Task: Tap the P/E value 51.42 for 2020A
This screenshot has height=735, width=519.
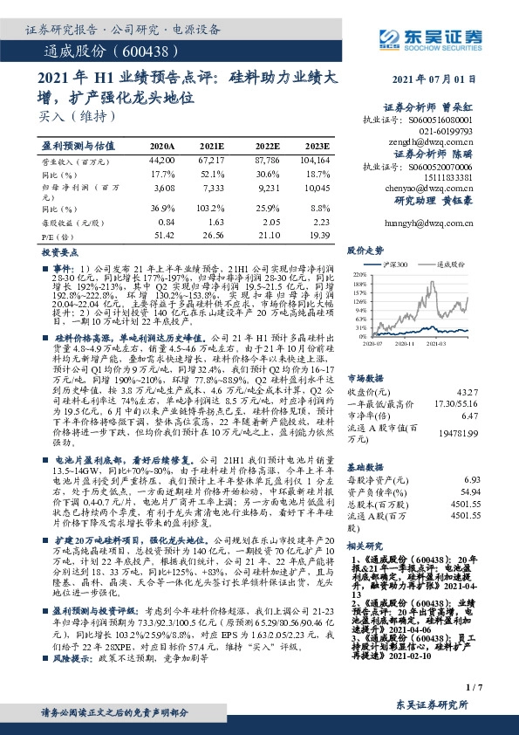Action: click(x=162, y=236)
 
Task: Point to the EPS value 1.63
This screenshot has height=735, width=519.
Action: click(x=216, y=223)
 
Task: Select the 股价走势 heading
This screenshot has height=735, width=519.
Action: click(x=365, y=249)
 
